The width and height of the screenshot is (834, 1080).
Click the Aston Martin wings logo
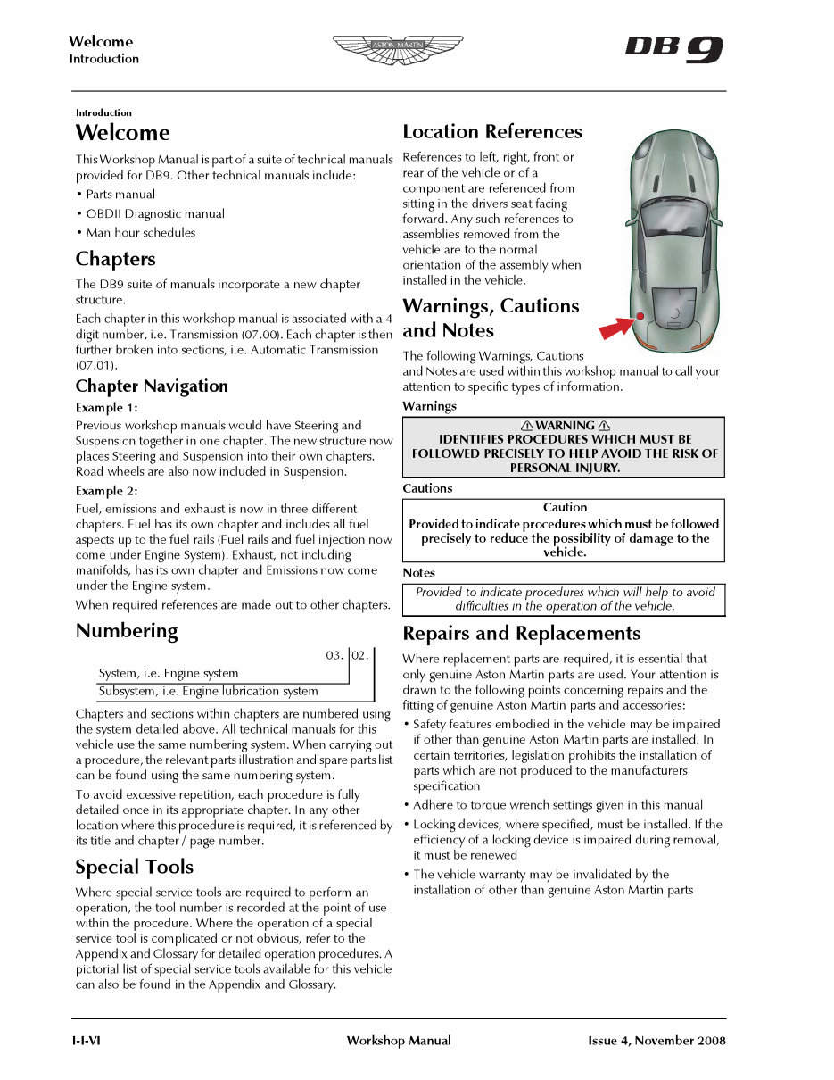[398, 49]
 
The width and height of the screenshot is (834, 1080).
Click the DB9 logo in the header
[673, 49]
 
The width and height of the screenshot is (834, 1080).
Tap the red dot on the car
[640, 316]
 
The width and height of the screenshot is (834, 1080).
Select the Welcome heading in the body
[122, 133]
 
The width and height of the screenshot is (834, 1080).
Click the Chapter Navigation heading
[152, 386]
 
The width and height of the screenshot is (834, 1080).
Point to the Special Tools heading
[134, 868]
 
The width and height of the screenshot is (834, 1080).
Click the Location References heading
[491, 132]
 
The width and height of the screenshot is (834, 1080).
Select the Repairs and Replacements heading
[521, 634]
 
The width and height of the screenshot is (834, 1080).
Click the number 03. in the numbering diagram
[334, 656]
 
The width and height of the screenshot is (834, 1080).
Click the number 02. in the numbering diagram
[359, 656]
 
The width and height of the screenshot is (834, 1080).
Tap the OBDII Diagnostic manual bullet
[154, 214]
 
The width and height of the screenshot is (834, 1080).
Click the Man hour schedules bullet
[140, 233]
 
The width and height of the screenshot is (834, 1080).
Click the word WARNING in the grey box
[564, 426]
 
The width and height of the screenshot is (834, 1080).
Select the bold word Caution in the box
[565, 507]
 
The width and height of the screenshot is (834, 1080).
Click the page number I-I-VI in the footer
[87, 1041]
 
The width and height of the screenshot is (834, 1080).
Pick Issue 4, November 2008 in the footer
[656, 1041]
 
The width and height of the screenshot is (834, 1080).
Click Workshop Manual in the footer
[398, 1041]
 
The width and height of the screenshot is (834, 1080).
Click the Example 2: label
[106, 492]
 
